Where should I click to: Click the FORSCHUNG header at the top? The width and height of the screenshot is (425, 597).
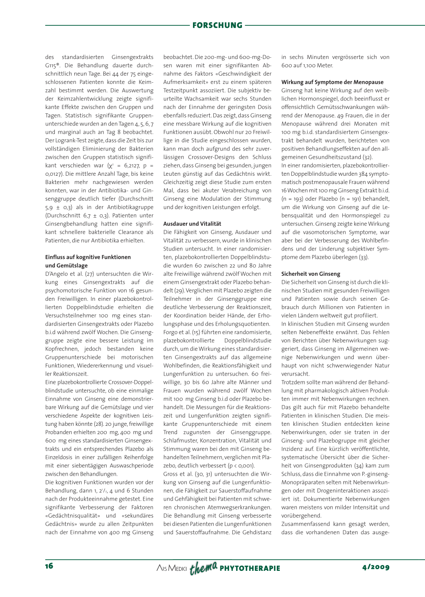pyautogui.click(x=217, y=25)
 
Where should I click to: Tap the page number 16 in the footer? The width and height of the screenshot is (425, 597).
pyautogui.click(x=49, y=566)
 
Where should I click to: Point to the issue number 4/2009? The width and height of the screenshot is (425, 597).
pyautogui.click(x=376, y=567)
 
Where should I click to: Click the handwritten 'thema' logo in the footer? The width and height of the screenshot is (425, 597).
pyautogui.click(x=203, y=568)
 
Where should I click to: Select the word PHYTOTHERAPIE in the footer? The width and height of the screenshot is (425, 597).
pyautogui.click(x=250, y=568)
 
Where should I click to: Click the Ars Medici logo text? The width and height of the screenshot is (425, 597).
pyautogui.click(x=171, y=568)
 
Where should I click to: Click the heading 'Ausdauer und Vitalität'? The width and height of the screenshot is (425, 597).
pyautogui.click(x=192, y=224)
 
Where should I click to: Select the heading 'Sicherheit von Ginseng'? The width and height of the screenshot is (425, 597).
pyautogui.click(x=310, y=274)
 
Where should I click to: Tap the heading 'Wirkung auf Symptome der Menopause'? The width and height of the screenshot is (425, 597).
pyautogui.click(x=332, y=82)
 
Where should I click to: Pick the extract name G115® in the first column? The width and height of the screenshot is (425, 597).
pyautogui.click(x=52, y=65)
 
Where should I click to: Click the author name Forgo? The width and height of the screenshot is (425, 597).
pyautogui.click(x=171, y=332)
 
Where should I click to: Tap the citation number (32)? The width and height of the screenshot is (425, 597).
pyautogui.click(x=368, y=157)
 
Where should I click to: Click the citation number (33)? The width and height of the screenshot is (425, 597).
pyautogui.click(x=364, y=257)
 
